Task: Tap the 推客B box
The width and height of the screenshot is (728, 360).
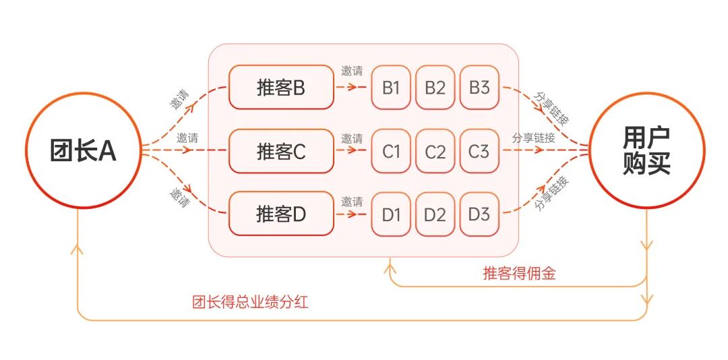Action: [x=281, y=88]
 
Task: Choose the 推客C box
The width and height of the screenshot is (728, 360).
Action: [x=281, y=151]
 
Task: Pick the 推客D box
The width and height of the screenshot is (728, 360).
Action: [x=281, y=214]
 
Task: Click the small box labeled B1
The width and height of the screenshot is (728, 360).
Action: [x=391, y=88]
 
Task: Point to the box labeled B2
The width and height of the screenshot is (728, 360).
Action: [x=435, y=88]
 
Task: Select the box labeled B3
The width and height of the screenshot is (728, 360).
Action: [x=480, y=88]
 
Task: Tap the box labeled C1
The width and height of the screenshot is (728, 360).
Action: [x=391, y=151]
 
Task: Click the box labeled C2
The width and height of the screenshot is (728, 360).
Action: [x=435, y=151]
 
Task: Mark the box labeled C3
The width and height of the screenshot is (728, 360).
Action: [x=480, y=151]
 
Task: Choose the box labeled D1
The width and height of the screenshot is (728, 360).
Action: [x=391, y=214]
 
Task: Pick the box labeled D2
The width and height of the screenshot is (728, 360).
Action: [x=435, y=214]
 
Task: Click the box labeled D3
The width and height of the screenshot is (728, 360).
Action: [x=480, y=214]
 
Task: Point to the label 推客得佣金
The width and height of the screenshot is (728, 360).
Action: [x=520, y=274]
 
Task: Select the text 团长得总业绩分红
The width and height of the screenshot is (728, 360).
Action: [x=250, y=303]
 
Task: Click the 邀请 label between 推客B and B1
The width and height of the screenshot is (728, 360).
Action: [x=352, y=71]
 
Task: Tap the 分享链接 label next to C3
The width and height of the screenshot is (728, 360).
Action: [x=533, y=138]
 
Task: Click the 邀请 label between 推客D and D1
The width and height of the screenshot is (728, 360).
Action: [x=352, y=202]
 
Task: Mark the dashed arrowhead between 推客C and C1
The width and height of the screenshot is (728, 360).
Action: [x=352, y=150]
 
